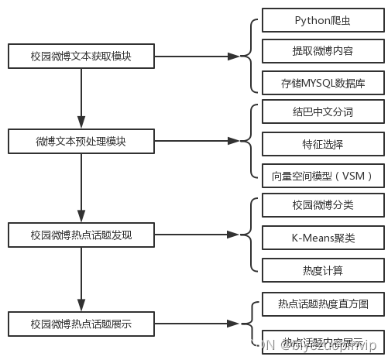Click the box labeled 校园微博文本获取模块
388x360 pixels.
pos(81,56)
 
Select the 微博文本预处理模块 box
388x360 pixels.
pos(81,142)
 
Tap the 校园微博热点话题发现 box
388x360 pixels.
pos(81,235)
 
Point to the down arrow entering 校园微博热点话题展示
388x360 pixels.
pos(81,279)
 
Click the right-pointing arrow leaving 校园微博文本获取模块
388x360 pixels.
pos(194,57)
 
